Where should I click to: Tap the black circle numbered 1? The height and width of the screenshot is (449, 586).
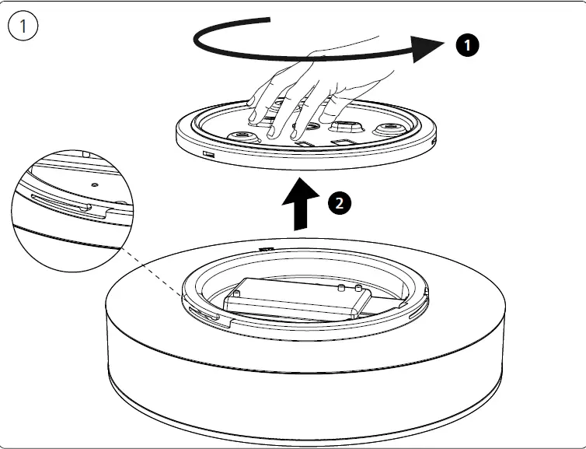pos(466,46)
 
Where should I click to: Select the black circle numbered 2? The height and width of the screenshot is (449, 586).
pos(337,204)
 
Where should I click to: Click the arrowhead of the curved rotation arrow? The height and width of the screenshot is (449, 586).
pos(430,48)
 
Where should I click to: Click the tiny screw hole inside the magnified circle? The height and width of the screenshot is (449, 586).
pos(93,185)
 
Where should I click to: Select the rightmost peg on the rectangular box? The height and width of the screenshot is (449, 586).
pos(358,289)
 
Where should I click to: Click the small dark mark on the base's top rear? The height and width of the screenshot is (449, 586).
pos(267,250)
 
